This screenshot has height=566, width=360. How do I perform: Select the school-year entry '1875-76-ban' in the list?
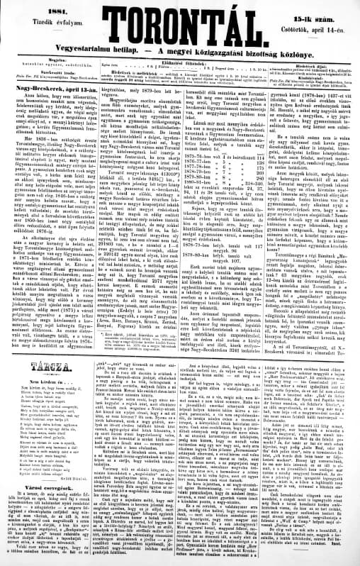(x=196, y=155)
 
